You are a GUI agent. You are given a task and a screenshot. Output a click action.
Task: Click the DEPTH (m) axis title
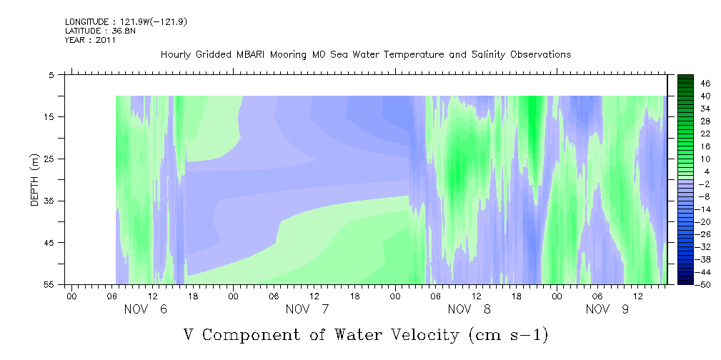(35, 179)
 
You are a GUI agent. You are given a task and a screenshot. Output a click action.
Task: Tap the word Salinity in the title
(488, 55)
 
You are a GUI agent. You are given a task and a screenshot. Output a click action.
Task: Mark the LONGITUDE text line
(126, 22)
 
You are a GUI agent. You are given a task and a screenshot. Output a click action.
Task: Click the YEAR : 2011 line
(91, 40)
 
